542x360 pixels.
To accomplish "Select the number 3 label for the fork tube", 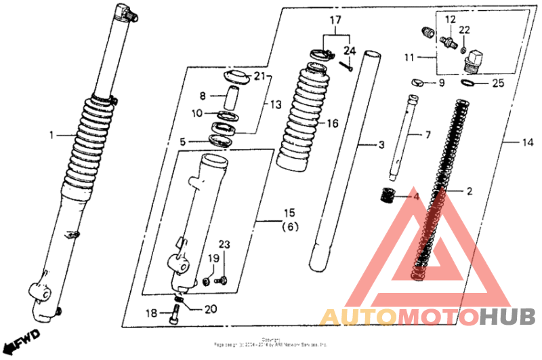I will click(381, 145).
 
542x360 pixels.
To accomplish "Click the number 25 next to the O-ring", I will click(498, 83).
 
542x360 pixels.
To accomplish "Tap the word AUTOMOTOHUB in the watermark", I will click(426, 317).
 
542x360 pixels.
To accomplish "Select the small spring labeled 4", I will click(387, 196).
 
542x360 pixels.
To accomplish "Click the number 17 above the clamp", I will click(333, 20).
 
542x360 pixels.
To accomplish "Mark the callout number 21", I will click(260, 77).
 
